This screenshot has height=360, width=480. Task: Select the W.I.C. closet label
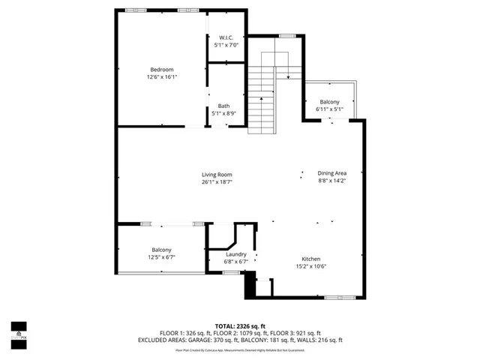(226, 37)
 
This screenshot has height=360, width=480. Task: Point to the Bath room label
(224, 106)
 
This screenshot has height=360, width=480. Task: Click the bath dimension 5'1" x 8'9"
(224, 113)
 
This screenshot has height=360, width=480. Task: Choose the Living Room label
(216, 175)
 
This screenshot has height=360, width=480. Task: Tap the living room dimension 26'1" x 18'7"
(216, 182)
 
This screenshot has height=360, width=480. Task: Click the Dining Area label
(331, 172)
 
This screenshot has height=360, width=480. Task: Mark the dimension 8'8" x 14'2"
(331, 180)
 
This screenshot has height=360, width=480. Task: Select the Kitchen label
(311, 259)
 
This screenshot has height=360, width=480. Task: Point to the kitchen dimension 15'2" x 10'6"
(311, 266)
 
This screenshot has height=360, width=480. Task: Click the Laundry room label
(236, 254)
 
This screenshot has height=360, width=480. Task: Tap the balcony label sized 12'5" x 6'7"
(161, 250)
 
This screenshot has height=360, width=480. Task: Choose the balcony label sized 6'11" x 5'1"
(330, 102)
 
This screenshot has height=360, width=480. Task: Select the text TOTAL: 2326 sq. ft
(240, 326)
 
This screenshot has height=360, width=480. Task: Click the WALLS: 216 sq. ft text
(317, 340)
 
